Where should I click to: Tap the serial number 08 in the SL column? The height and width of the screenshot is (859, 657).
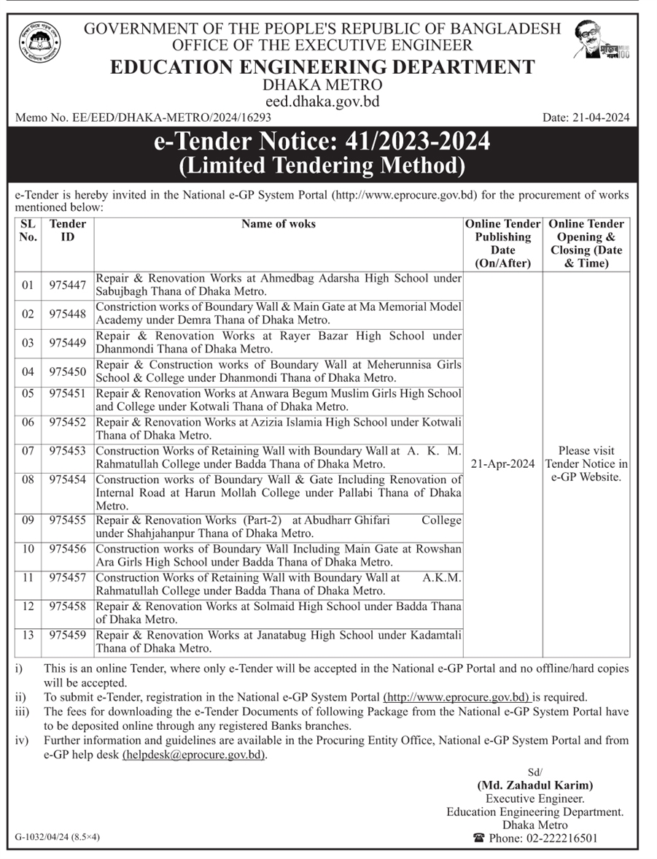[x=28, y=479]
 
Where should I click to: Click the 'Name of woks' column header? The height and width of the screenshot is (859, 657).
[x=279, y=224]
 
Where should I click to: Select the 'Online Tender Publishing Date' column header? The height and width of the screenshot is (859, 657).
[x=502, y=244]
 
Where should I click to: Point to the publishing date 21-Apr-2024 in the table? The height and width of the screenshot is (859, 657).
[x=502, y=464]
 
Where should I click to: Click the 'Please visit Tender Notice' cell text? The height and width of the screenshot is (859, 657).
[x=586, y=463]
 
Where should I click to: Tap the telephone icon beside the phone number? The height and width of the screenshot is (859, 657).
[x=479, y=839]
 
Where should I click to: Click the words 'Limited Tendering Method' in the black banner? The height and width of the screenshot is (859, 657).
[x=322, y=166]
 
